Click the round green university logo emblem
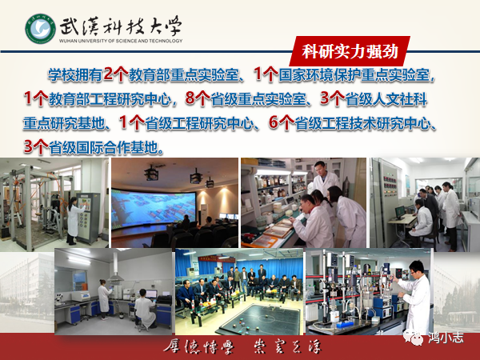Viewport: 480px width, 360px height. coord(41,29)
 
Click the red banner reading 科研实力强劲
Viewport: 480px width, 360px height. coord(350,51)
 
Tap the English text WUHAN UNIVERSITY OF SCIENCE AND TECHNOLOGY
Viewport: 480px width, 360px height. coord(121,41)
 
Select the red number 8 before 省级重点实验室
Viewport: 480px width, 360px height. coord(190,98)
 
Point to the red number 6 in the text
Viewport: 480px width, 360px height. coord(274,122)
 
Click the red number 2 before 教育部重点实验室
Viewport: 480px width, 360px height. coord(108,74)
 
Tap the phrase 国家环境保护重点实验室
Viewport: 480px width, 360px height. coord(354,74)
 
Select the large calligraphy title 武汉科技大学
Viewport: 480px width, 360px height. coord(120,26)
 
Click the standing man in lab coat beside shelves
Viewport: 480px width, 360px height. coord(324,178)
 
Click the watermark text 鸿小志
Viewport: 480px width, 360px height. coord(446,338)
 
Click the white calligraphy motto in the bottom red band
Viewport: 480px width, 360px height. coord(242,347)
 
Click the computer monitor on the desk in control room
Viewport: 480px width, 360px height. coord(400,211)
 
